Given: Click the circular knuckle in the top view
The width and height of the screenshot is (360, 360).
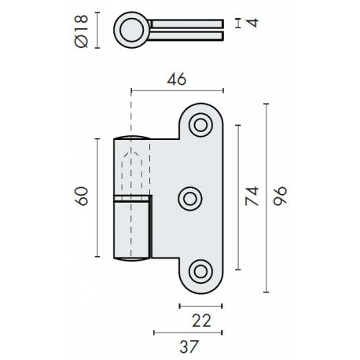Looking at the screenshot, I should pyautogui.click(x=130, y=31).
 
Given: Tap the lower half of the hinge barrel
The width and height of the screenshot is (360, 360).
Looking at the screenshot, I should pyautogui.click(x=131, y=228).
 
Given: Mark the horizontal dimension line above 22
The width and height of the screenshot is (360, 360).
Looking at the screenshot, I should pyautogui.click(x=204, y=304).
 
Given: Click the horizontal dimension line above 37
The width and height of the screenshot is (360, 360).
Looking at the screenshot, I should pyautogui.click(x=187, y=332).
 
